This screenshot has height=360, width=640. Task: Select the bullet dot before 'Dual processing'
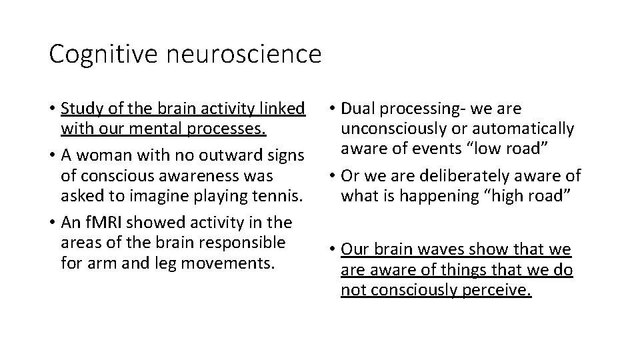(331, 109)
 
